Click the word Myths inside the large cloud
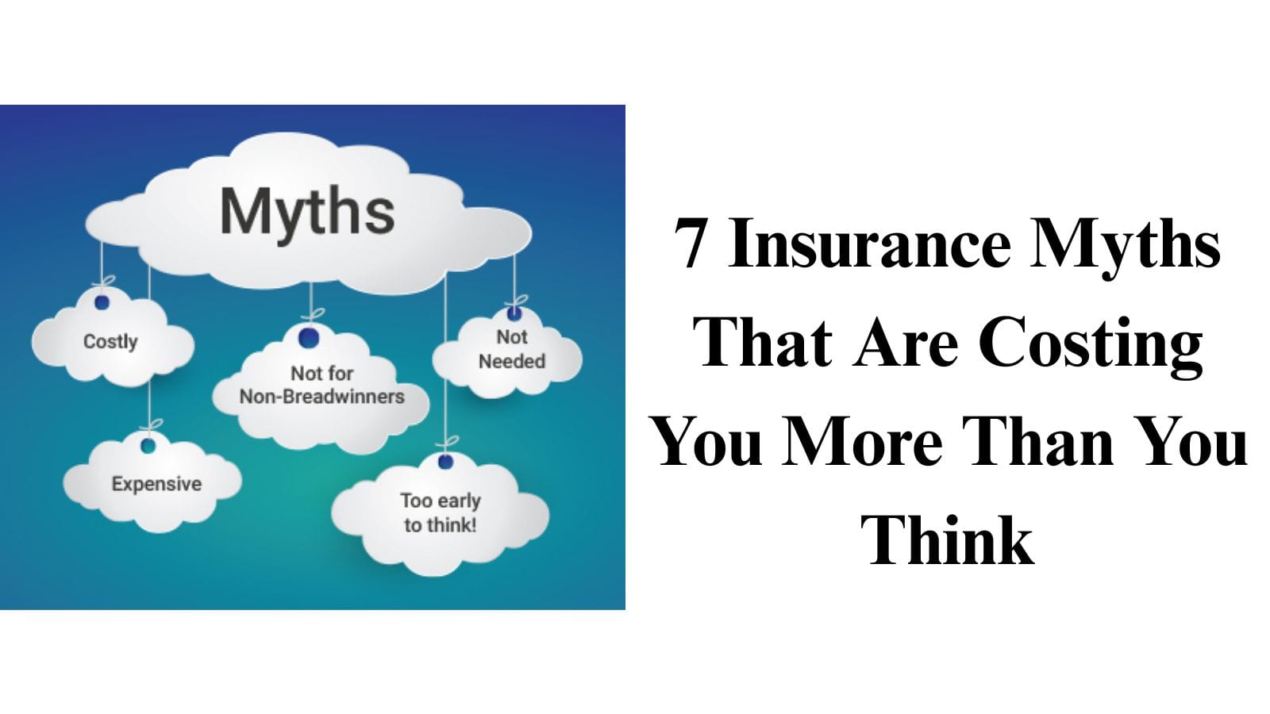pos(307,210)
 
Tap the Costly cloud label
pos(110,342)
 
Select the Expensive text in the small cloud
pos(156,484)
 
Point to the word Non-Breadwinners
pos(321,397)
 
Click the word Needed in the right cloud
pos(512,362)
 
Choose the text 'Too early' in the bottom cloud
pos(441,501)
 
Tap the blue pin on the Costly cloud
pos(102,302)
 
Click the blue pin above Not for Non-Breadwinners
pos(309,338)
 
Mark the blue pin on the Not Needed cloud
pos(514,314)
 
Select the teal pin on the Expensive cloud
pos(148,446)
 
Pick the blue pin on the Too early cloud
pos(446,461)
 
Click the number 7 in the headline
pos(691,244)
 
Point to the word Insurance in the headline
pos(869,244)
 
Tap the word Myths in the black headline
pos(1126,244)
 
